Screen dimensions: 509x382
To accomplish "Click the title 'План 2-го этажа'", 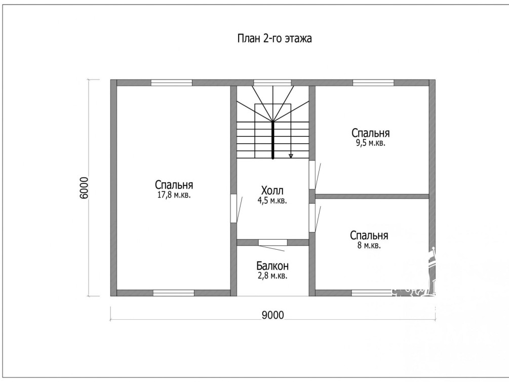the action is [275, 39].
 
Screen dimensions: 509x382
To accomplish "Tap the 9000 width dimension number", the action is [272, 315].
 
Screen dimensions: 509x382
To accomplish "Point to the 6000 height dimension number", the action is [84, 188].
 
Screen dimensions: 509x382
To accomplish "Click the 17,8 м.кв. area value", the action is [174, 195].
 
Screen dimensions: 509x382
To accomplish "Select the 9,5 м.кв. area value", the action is [371, 143].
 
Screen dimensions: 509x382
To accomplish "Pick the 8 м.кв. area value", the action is [369, 245].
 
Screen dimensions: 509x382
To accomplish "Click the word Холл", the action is [272, 190].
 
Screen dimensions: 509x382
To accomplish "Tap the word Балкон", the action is [272, 266].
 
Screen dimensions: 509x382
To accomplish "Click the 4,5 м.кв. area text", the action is [272, 201].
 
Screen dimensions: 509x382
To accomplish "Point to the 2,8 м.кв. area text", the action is [272, 276].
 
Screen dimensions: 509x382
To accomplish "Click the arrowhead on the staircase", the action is [291, 156].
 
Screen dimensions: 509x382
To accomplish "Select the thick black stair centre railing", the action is [272, 140].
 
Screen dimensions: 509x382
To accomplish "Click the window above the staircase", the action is [272, 83].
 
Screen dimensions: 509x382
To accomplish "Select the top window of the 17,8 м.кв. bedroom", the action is [172, 83].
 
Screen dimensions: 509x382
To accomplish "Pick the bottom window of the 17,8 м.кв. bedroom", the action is [174, 293].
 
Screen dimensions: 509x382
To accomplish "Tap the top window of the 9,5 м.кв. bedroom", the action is [373, 83].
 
